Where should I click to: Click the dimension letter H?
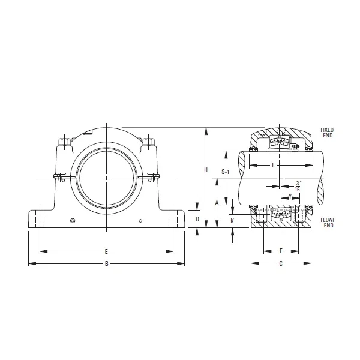click(x=206, y=170)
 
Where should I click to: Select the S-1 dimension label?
click(x=225, y=172)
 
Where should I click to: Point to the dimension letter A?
click(x=217, y=203)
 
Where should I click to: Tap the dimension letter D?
click(x=197, y=220)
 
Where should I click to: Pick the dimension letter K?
click(x=232, y=221)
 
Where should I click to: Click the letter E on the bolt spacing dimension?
click(x=106, y=251)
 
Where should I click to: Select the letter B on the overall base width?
click(x=106, y=263)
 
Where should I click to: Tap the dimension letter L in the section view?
click(x=274, y=164)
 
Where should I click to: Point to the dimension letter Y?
click(x=290, y=196)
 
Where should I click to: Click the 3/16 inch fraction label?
click(x=298, y=186)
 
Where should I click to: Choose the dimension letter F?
click(x=281, y=251)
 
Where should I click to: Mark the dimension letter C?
click(x=281, y=263)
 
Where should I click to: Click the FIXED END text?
click(x=327, y=133)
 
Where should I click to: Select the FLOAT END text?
click(x=328, y=223)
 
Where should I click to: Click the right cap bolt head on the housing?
click(x=148, y=144)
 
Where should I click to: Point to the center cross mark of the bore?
click(x=107, y=178)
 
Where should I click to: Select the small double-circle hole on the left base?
click(x=73, y=221)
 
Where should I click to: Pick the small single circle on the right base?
click(x=140, y=221)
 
